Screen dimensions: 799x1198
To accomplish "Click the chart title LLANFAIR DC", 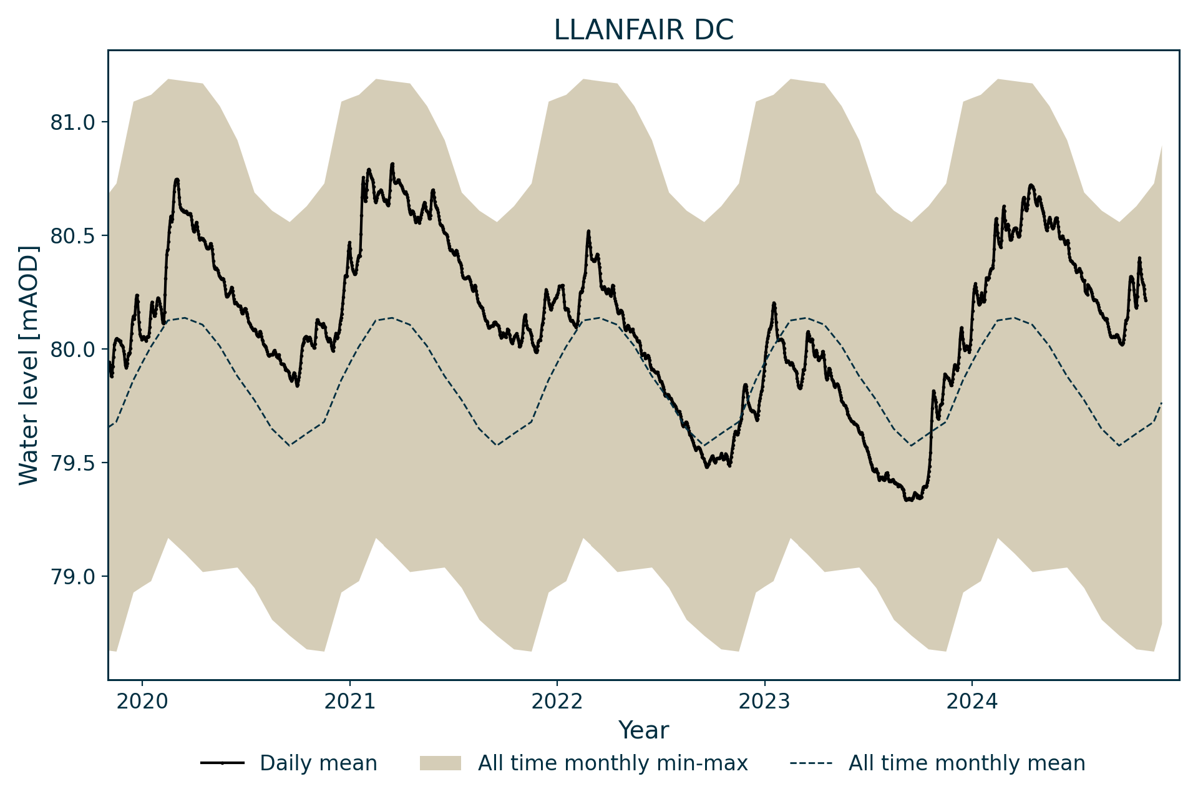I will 643,31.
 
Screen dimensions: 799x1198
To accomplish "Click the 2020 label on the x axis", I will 142,702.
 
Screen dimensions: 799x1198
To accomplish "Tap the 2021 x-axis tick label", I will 349,702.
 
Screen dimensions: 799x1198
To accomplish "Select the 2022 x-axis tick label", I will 557,702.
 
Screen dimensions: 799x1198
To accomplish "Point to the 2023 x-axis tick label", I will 764,702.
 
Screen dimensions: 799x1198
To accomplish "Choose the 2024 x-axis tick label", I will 972,702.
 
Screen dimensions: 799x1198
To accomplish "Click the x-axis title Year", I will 643,730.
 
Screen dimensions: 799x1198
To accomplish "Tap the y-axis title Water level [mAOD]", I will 29,365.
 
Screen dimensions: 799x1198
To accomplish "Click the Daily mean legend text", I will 318,763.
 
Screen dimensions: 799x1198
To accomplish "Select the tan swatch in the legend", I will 440,763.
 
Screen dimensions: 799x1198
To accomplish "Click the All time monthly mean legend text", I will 967,763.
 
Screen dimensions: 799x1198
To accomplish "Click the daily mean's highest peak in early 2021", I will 392,164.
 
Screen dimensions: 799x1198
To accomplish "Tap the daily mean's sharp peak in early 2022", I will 588,232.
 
